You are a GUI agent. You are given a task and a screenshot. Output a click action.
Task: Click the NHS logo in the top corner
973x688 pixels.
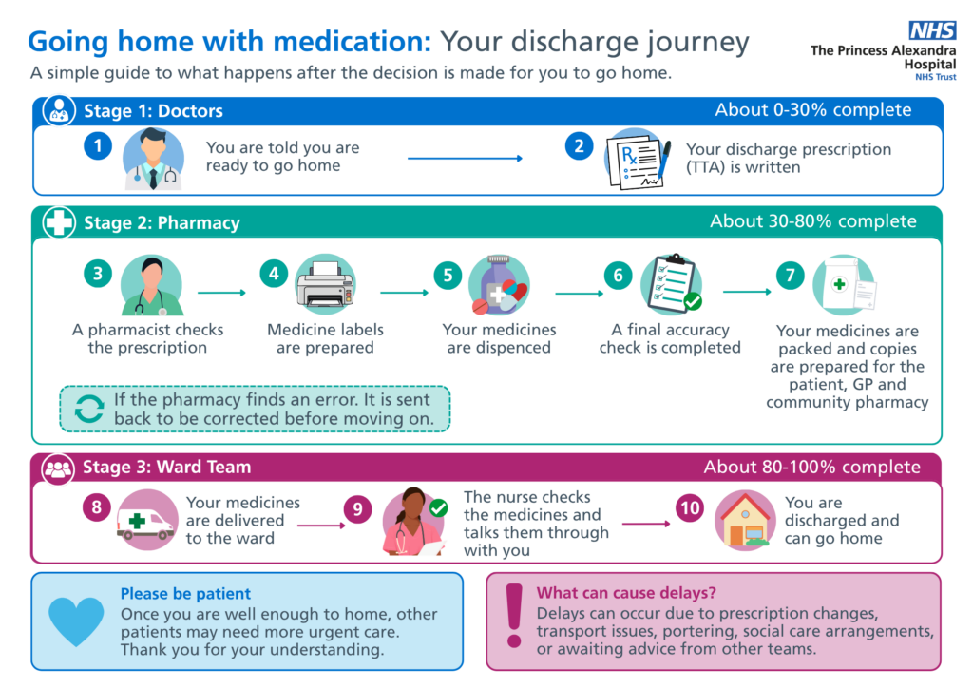[x=932, y=29]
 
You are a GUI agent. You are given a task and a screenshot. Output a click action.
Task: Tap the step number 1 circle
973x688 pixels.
[x=98, y=146]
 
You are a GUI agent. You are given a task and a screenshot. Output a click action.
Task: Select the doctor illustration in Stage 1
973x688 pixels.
[x=153, y=159]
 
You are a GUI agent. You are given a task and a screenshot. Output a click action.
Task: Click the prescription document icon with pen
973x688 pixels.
[x=638, y=159]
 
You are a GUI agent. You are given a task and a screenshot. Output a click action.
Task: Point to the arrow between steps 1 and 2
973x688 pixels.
[x=465, y=158]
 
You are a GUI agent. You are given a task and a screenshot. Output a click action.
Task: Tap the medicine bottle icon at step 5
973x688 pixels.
[x=499, y=285]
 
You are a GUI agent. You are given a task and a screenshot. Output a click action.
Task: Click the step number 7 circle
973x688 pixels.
[x=790, y=276]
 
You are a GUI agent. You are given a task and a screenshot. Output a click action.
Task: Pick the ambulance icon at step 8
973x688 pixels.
[x=146, y=521]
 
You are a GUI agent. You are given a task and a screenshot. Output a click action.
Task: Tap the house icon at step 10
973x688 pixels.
[x=745, y=521]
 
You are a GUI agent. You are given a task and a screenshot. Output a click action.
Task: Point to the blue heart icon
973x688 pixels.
[x=76, y=621]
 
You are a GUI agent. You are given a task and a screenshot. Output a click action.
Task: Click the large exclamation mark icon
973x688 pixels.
[x=514, y=616]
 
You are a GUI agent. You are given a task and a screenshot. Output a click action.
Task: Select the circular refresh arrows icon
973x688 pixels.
[x=89, y=410]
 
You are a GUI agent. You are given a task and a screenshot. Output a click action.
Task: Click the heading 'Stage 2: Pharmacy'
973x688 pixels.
[x=162, y=222]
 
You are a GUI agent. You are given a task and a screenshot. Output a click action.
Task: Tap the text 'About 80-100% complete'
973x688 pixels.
[x=811, y=468]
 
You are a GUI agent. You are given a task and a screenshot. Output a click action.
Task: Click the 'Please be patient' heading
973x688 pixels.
[x=185, y=594]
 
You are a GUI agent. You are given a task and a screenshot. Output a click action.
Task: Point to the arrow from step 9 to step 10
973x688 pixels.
[x=646, y=524]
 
